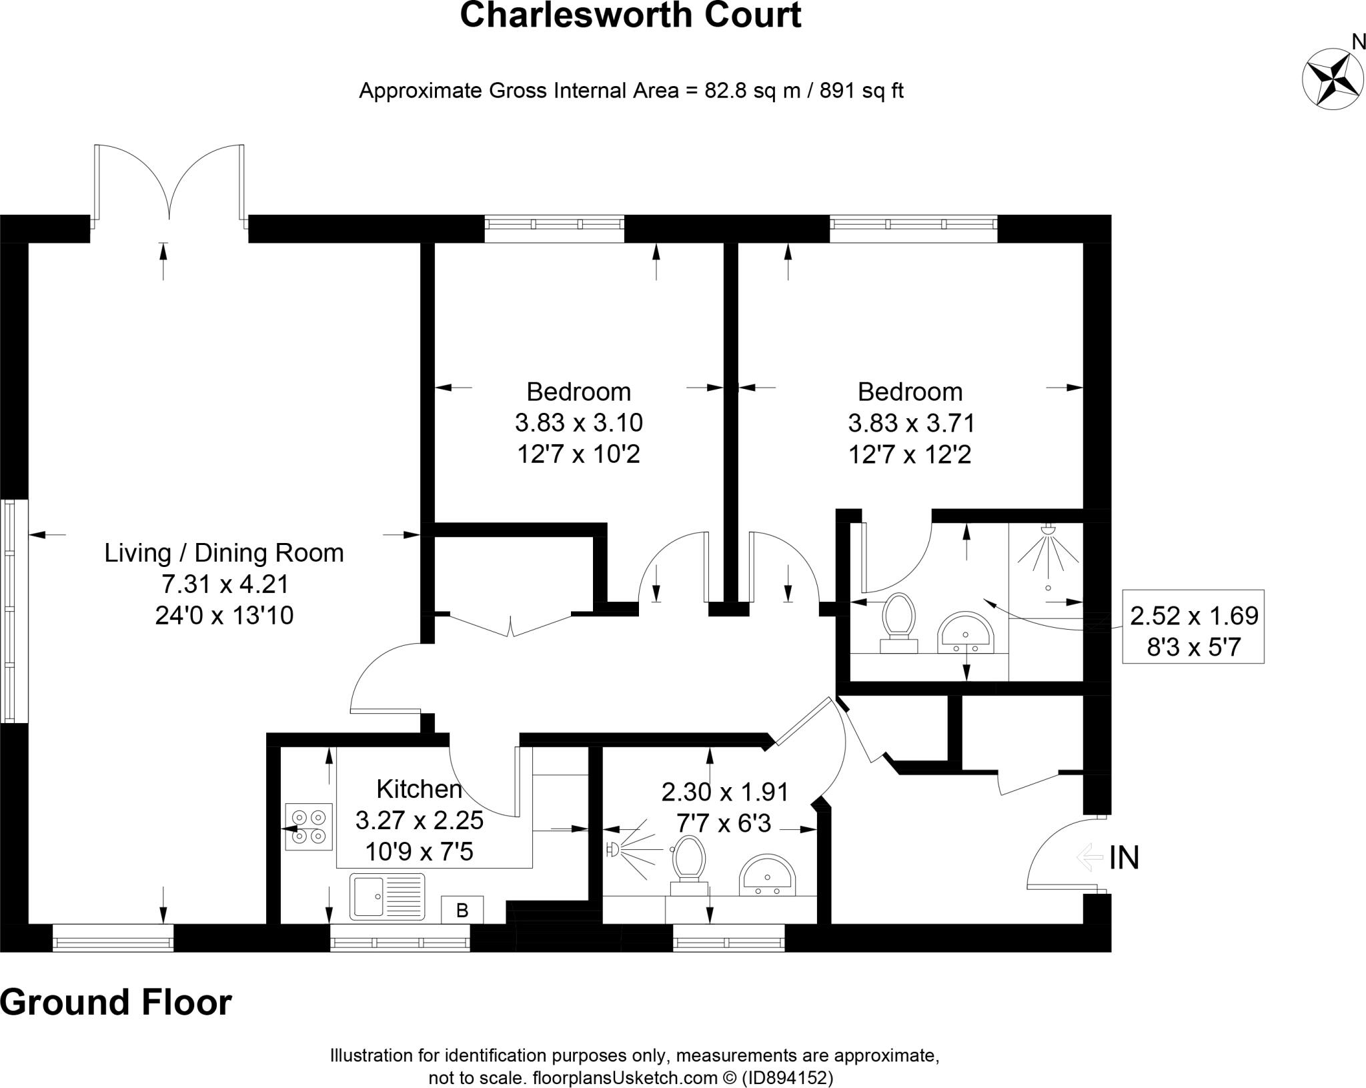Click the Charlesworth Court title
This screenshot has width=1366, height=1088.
pyautogui.click(x=630, y=15)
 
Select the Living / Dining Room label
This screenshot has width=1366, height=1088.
pyautogui.click(x=224, y=553)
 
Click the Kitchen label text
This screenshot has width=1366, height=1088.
pyautogui.click(x=419, y=789)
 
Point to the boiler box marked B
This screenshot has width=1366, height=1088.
pyautogui.click(x=462, y=910)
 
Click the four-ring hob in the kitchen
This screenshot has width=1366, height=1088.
pyautogui.click(x=309, y=827)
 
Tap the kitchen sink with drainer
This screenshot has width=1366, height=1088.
pyautogui.click(x=387, y=896)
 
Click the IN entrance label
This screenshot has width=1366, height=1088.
pyautogui.click(x=1124, y=858)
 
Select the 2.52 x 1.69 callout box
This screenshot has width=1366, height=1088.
pyautogui.click(x=1193, y=626)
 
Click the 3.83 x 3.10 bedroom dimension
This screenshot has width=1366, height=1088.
pyautogui.click(x=578, y=423)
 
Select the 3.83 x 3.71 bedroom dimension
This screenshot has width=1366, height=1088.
pyautogui.click(x=911, y=423)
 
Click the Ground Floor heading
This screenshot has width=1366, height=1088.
pyautogui.click(x=116, y=1001)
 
